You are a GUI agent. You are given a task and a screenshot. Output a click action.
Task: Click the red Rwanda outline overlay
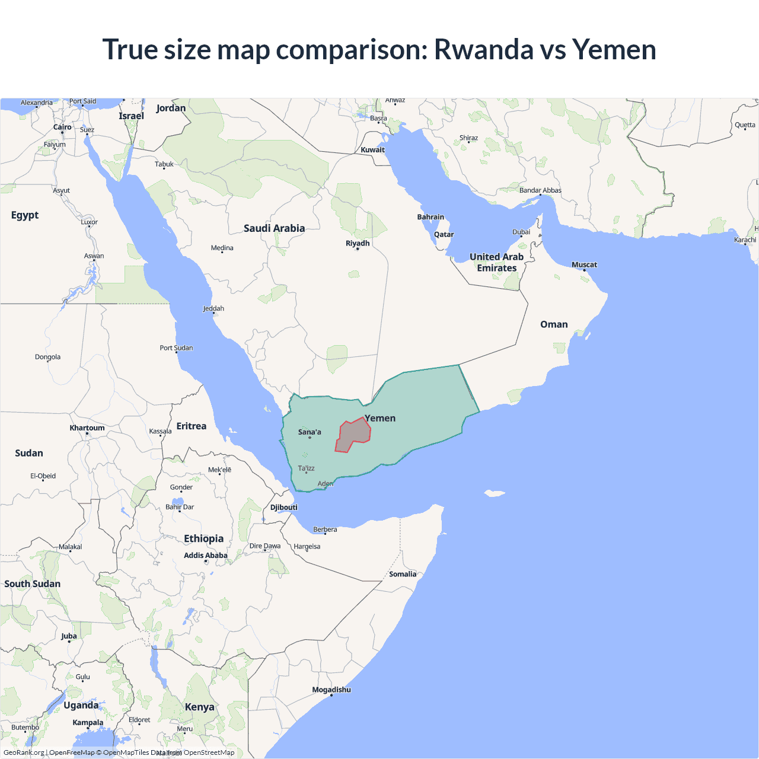click(x=353, y=436)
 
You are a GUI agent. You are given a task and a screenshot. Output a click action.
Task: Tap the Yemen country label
click(x=380, y=418)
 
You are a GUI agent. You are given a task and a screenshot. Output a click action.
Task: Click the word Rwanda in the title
click(x=484, y=49)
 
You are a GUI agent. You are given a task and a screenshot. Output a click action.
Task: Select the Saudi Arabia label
click(x=274, y=228)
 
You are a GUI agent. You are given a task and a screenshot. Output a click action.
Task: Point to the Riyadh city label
click(x=358, y=243)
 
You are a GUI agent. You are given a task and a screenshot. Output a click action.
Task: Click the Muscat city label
click(x=584, y=264)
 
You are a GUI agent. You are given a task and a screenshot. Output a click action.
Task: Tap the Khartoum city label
click(x=87, y=428)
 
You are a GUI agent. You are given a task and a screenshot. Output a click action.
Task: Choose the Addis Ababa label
click(x=206, y=556)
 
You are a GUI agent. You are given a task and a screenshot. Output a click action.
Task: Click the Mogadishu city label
click(x=331, y=690)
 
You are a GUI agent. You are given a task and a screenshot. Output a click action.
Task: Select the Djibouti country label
click(x=284, y=507)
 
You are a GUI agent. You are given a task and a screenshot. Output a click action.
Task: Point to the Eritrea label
click(x=192, y=426)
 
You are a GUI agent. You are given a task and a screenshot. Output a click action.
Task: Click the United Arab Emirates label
click(x=497, y=262)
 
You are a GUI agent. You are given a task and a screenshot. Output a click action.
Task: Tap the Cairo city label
click(x=62, y=127)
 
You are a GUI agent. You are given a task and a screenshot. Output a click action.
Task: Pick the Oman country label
click(x=554, y=324)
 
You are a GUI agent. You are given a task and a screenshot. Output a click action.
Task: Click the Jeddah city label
click(x=213, y=308)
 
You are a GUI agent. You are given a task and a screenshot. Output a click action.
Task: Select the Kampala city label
click(x=88, y=722)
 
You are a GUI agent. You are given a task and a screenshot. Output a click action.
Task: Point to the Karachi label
click(x=745, y=240)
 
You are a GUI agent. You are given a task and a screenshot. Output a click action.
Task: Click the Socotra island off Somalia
click(x=494, y=493)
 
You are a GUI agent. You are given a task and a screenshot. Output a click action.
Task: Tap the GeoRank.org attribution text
click(x=24, y=752)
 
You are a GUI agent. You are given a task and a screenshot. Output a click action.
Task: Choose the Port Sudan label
click(x=176, y=347)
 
